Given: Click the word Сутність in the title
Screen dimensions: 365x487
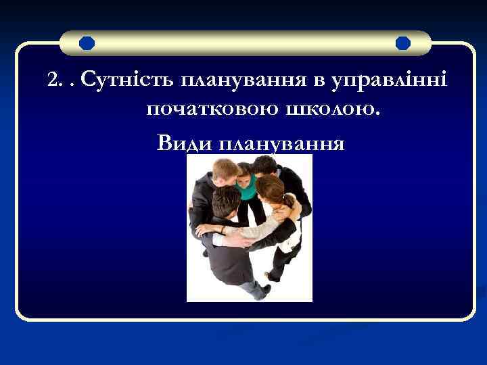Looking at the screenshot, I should [x=127, y=82].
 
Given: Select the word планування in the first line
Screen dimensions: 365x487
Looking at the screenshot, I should [x=244, y=82].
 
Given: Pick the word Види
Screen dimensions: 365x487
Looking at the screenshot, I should [x=178, y=143].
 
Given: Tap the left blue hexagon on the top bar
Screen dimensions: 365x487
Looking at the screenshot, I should [x=87, y=44].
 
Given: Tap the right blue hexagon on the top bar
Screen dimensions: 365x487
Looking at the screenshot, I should [x=403, y=44].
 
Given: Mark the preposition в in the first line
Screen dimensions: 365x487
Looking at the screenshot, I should [x=319, y=82].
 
